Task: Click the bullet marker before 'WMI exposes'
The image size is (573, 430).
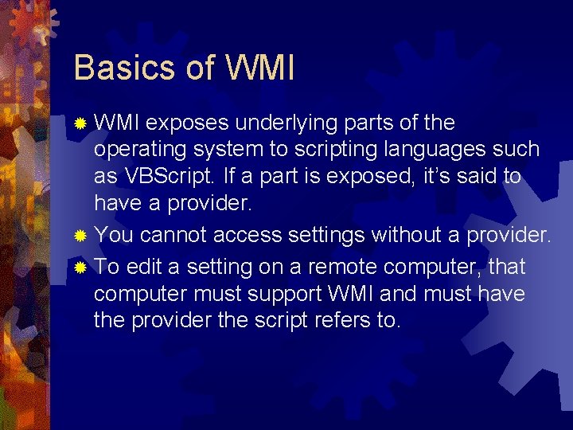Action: tap(80, 123)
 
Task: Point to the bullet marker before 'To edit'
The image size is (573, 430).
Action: tap(80, 266)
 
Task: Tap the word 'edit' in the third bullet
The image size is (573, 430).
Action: tap(144, 266)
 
